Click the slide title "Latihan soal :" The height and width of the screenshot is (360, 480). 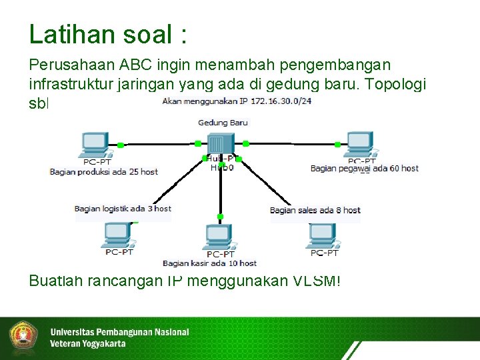[108, 34]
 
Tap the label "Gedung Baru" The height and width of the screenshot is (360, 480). [223, 123]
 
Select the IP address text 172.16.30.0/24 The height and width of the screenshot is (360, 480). [281, 102]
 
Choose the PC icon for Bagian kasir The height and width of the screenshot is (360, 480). [219, 239]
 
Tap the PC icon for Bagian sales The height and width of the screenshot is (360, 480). [323, 235]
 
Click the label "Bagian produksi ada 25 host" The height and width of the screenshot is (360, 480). [104, 171]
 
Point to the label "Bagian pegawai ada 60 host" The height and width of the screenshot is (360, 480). [365, 168]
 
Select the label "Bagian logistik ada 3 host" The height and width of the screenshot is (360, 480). [123, 209]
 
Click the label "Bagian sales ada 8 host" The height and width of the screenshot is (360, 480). [315, 210]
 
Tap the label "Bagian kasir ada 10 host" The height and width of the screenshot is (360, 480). [209, 263]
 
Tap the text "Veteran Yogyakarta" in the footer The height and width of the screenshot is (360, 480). [87, 344]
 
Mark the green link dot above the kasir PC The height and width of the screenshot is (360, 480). [220, 217]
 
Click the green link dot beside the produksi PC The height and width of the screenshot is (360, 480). [121, 145]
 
